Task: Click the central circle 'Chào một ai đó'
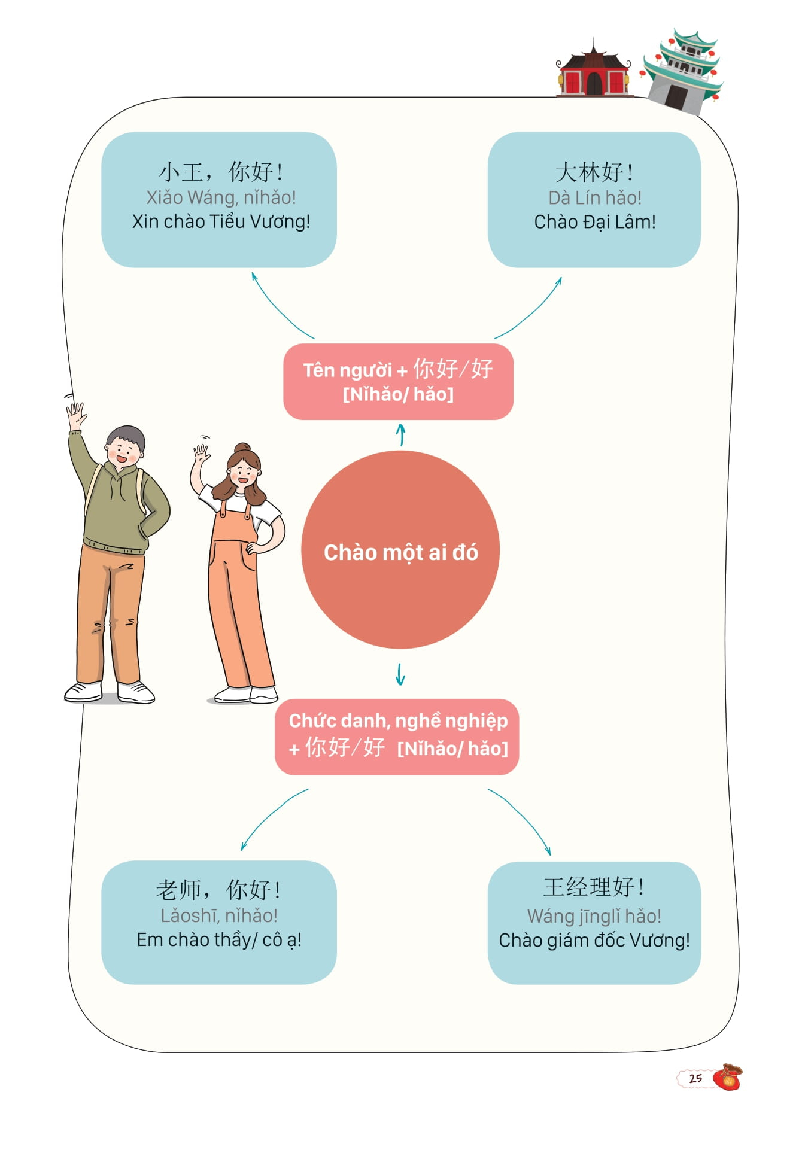[x=400, y=550]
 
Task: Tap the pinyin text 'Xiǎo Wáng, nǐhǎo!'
[x=221, y=197]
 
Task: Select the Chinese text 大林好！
[x=594, y=172]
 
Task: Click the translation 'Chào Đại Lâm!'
[x=594, y=222]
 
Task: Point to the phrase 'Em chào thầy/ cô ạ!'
[x=219, y=939]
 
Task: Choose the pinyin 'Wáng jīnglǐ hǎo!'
[x=594, y=915]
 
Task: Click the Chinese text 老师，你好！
[x=219, y=890]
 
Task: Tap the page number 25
[x=695, y=1078]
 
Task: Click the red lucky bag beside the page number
[x=728, y=1077]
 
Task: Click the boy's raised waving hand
[x=75, y=414]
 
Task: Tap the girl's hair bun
[x=242, y=448]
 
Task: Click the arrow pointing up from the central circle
[x=401, y=434]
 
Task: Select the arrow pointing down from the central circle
[x=400, y=674]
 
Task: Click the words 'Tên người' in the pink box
[x=347, y=370]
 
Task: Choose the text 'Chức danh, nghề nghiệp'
[x=398, y=720]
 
